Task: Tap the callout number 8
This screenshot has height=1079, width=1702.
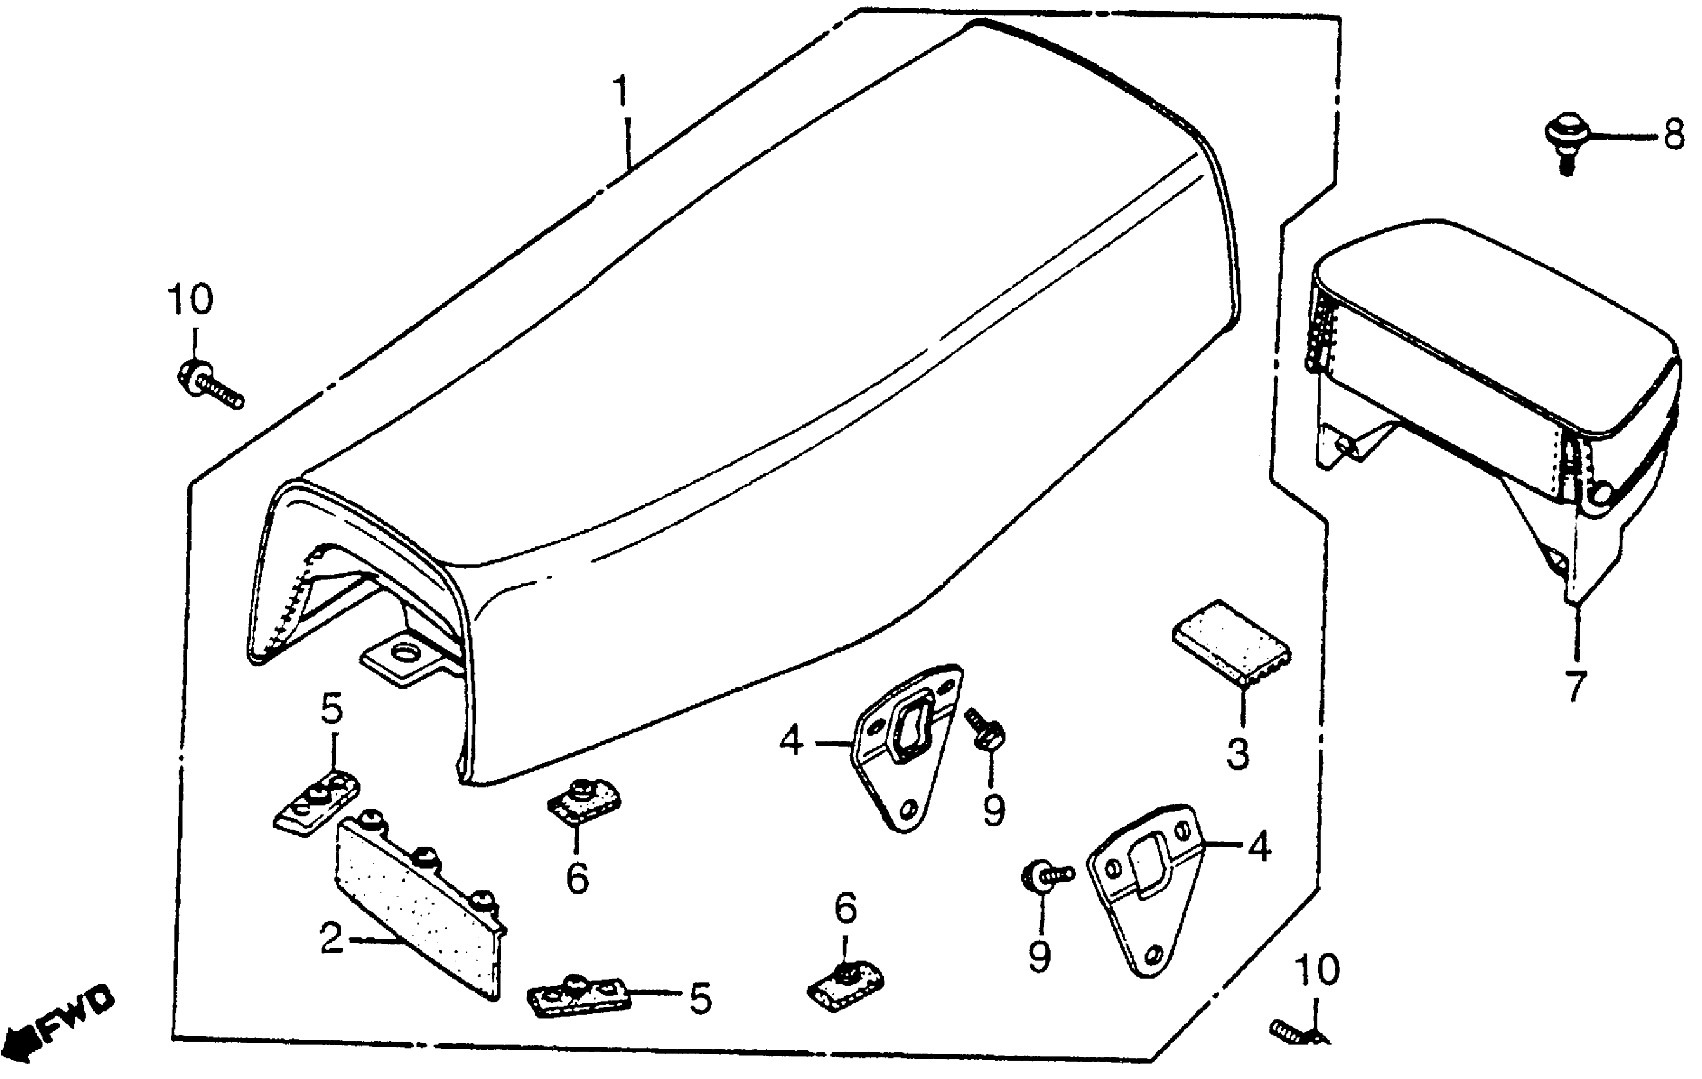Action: click(1673, 135)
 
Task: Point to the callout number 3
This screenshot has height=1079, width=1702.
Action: click(1237, 754)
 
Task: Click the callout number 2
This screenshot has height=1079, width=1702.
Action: click(331, 939)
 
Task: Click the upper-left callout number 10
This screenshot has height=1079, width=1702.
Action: click(190, 300)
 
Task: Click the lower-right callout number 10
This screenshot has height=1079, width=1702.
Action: click(1318, 970)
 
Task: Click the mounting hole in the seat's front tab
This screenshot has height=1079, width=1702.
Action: click(405, 652)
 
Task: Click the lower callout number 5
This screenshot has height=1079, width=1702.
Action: click(700, 998)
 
